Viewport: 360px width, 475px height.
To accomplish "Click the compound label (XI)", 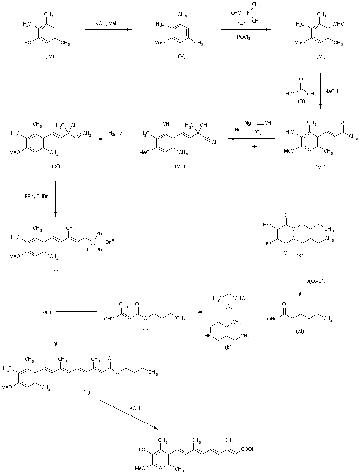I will (299, 331).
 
